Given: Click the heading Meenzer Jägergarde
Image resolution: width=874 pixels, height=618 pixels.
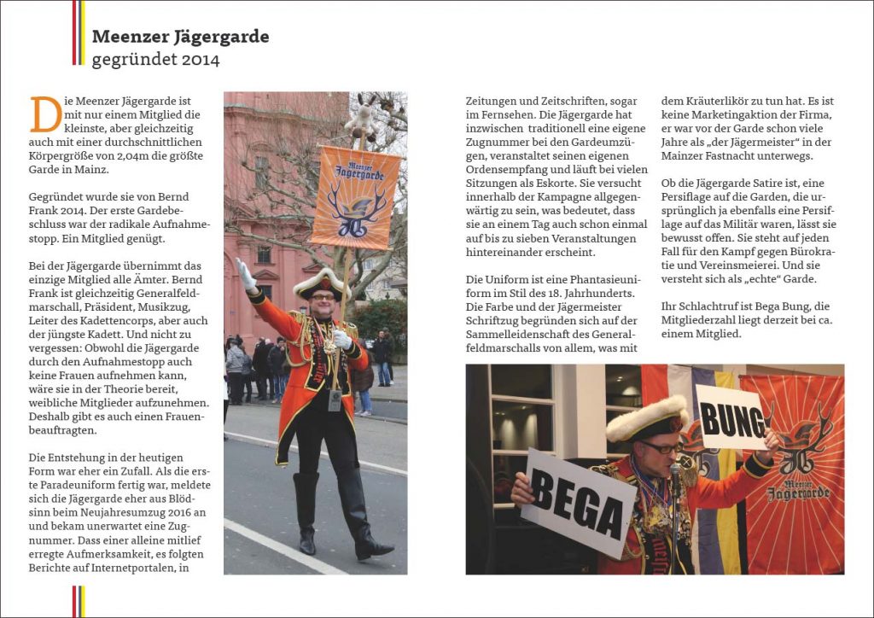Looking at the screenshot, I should tap(180, 37).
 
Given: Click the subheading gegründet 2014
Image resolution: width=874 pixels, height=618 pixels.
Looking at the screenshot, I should tap(155, 60).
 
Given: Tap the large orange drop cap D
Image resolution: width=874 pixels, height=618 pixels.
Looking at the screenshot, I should tap(45, 114).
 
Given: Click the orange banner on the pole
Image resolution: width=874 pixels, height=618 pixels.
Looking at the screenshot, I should tap(354, 196).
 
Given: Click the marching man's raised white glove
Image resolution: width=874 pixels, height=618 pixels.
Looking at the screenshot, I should tap(245, 275).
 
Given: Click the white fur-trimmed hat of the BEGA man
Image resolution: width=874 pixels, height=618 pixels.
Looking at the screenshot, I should tap(646, 416).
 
